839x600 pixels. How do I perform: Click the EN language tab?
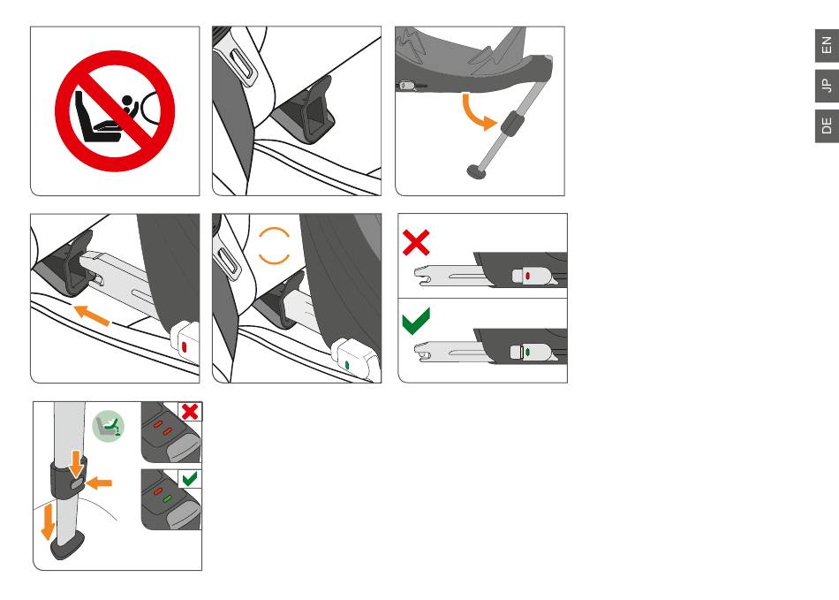(827, 45)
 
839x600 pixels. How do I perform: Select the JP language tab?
(827, 85)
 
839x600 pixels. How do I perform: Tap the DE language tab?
(827, 125)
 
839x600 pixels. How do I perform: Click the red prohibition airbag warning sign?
(115, 110)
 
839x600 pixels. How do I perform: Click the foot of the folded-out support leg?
(476, 171)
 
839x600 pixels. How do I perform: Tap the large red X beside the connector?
(416, 243)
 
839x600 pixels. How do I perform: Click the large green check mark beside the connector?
(416, 321)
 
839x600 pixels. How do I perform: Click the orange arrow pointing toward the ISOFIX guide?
(92, 315)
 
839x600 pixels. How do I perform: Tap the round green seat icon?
(108, 426)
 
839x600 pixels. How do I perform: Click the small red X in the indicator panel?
(190, 412)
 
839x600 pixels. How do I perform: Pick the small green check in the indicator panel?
(189, 479)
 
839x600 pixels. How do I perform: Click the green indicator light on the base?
(168, 498)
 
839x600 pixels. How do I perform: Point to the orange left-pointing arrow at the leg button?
(99, 483)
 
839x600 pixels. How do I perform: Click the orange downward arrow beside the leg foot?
(49, 522)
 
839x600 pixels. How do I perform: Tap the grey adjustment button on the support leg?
(77, 484)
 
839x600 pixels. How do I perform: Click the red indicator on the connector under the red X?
(528, 276)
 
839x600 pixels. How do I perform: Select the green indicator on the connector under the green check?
(528, 352)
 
